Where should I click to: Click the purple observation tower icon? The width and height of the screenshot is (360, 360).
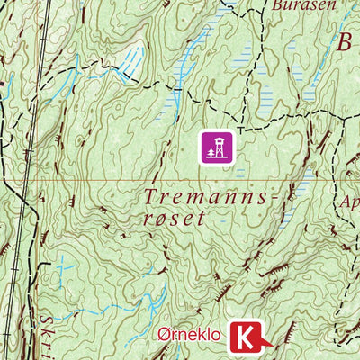point(216,147)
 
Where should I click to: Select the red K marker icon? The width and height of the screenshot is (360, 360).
point(246,338)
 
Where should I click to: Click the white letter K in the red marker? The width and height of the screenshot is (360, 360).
point(244,338)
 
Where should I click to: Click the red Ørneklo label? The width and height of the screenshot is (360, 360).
point(189,336)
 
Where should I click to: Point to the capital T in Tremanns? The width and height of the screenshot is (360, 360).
point(149,195)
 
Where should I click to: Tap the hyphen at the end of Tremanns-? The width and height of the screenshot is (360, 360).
point(264,197)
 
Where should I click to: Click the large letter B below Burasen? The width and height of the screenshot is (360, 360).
point(346,42)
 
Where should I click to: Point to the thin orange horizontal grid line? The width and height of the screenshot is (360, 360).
point(90,180)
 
